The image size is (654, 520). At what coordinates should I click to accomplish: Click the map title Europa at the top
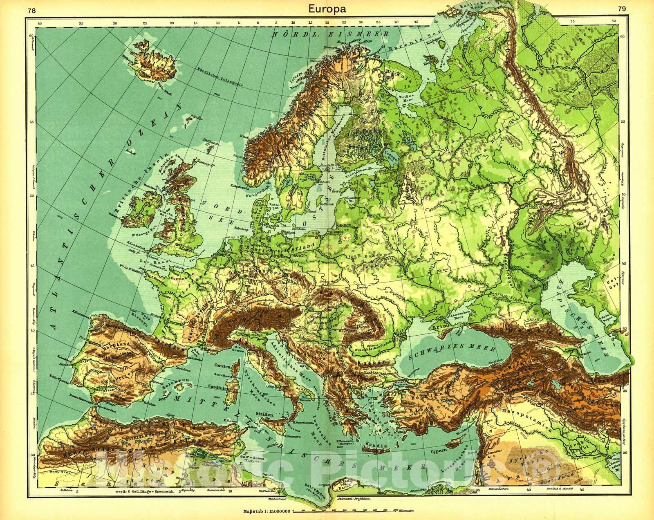(x=327, y=8)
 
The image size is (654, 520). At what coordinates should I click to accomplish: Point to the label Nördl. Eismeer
(x=331, y=35)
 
